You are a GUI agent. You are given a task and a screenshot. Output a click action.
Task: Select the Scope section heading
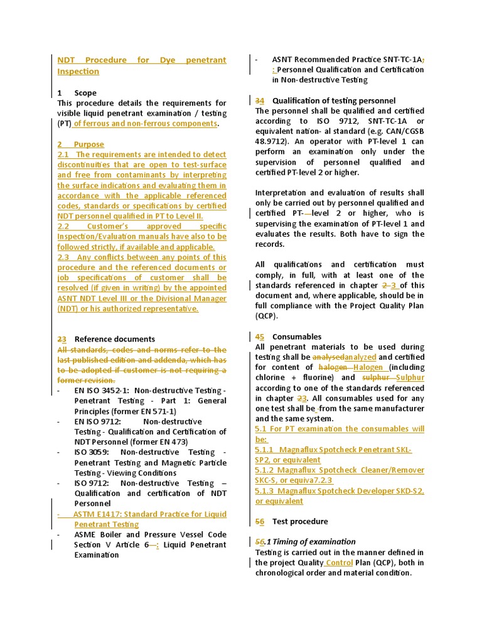(x=85, y=93)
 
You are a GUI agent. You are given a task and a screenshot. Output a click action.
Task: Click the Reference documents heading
(x=114, y=339)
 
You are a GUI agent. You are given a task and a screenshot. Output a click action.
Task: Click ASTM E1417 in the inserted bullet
(x=98, y=514)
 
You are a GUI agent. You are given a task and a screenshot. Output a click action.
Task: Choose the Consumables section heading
(x=296, y=337)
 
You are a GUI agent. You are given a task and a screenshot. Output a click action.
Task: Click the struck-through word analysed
(x=329, y=357)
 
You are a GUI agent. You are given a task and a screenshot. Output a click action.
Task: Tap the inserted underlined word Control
(x=340, y=563)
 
